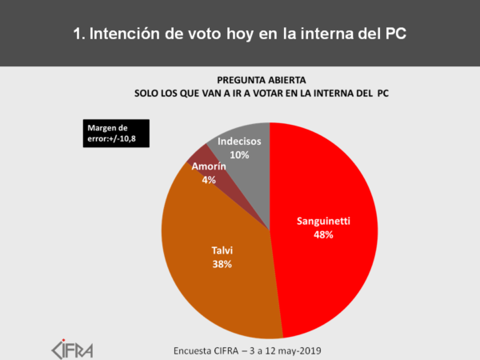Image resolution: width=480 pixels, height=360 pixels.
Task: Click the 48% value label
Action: point(322,235)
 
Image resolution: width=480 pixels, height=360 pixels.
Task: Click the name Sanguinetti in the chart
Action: point(322,221)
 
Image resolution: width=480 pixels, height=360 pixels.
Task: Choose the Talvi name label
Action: point(222,250)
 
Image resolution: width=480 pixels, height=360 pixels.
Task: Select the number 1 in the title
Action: point(78,34)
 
